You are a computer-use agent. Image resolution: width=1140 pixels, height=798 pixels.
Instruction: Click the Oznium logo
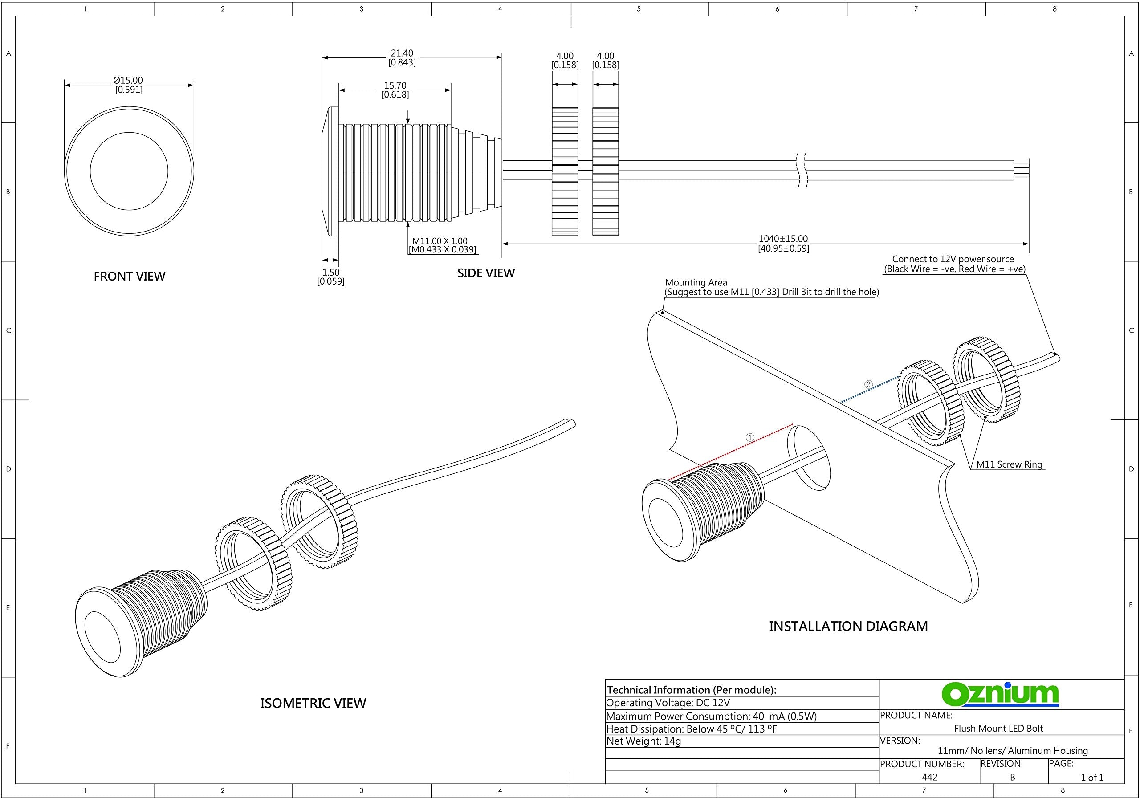1000,694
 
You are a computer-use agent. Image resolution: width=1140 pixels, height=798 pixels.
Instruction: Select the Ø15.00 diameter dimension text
128,81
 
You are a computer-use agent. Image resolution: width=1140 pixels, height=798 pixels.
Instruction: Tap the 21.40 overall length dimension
402,53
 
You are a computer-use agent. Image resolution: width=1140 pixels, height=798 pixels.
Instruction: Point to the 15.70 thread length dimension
395,86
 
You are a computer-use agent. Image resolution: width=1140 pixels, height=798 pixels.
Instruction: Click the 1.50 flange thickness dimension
331,272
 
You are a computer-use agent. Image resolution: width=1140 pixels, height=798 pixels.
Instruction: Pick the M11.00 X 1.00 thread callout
440,241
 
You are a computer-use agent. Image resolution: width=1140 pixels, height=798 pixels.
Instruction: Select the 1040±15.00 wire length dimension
783,239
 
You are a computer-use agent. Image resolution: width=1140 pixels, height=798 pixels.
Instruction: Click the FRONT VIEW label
129,276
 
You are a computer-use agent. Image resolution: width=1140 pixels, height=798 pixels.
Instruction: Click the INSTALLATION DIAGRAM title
848,626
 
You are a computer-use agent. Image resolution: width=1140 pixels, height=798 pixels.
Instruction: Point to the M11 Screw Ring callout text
1009,464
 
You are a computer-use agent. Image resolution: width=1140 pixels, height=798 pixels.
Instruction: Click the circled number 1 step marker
750,437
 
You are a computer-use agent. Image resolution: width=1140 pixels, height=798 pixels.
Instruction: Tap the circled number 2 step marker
868,384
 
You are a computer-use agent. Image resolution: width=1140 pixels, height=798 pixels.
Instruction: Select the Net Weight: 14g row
643,741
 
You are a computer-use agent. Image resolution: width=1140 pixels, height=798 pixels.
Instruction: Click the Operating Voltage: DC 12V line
668,703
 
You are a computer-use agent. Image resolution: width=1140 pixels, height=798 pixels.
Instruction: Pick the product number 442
929,777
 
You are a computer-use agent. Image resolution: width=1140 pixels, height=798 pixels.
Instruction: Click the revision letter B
1012,777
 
